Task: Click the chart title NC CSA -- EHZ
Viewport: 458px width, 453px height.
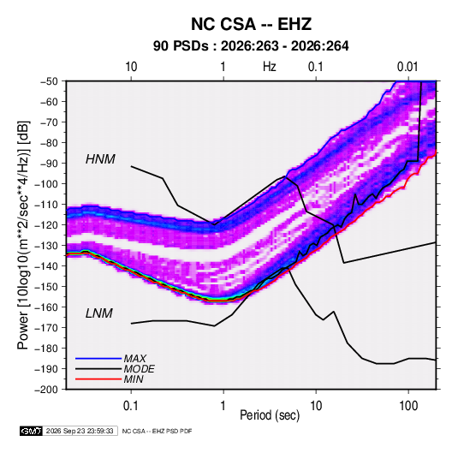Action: click(251, 24)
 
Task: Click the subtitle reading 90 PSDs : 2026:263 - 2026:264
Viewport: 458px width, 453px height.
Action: click(251, 46)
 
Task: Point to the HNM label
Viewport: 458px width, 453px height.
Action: click(100, 159)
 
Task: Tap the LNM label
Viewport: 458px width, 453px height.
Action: click(99, 313)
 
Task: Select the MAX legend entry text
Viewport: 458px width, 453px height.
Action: click(135, 358)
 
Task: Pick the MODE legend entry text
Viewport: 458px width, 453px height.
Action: click(139, 369)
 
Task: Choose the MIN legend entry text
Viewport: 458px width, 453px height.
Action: click(134, 379)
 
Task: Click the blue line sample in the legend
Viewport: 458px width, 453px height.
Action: click(98, 358)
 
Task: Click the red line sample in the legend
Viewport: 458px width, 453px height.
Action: click(98, 379)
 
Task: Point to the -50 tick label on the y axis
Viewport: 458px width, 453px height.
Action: click(49, 81)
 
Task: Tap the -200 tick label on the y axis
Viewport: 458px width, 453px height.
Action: click(46, 390)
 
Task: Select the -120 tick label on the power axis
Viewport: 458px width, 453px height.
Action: click(46, 225)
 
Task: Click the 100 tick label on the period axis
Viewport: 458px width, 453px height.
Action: click(408, 406)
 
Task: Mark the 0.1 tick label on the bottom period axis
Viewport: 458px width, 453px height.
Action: click(131, 406)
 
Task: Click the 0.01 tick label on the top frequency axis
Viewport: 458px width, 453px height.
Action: click(407, 67)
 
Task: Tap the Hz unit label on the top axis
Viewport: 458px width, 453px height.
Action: click(270, 67)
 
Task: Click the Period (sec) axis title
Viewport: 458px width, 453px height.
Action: click(270, 415)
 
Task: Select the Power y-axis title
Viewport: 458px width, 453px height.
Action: click(23, 235)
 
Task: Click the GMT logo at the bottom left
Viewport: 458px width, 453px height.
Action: click(32, 431)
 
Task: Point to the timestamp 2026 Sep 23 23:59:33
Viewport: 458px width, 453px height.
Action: click(80, 431)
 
